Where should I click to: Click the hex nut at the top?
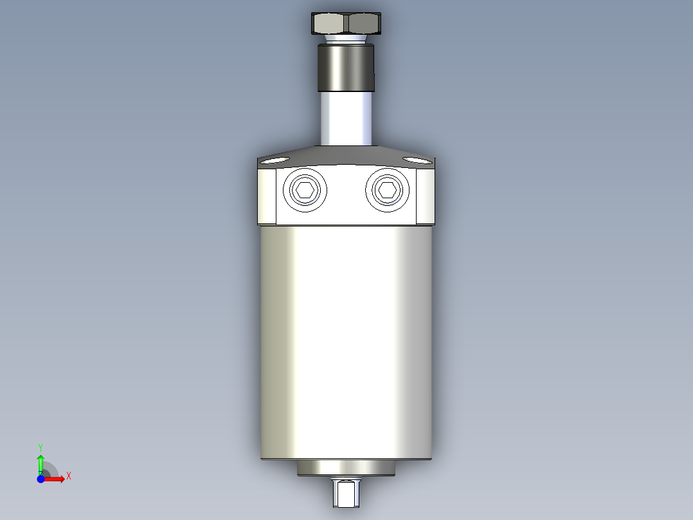tap(346, 24)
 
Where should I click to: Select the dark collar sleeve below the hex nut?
tap(346, 68)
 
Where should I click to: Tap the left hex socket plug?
tap(304, 190)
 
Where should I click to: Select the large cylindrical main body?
tap(346, 341)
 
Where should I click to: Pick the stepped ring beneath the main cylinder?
tap(346, 469)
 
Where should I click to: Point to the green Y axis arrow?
tap(40, 462)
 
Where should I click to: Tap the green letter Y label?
tap(40, 447)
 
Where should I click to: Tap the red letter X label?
tap(68, 476)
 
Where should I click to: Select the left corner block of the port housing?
tap(267, 196)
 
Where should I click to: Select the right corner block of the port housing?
tap(426, 196)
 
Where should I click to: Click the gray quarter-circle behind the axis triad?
tap(50, 469)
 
